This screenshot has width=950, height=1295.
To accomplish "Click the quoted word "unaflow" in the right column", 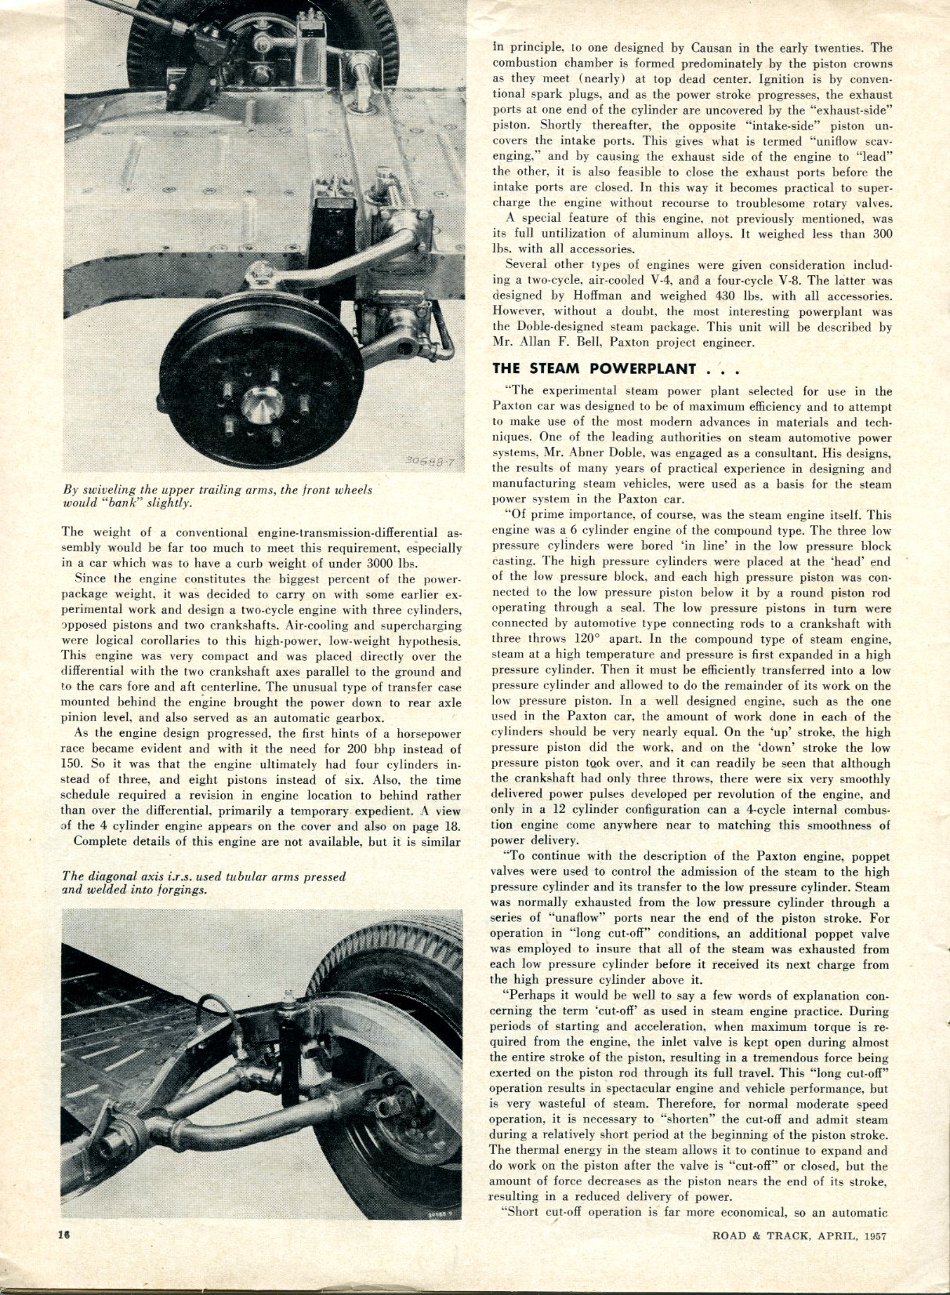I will click(x=555, y=918).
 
